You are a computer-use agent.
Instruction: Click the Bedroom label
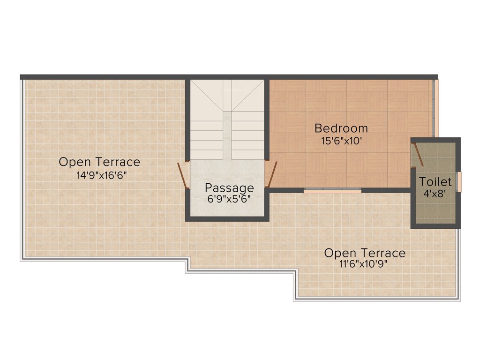[341, 128]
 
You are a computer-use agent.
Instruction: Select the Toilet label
[435, 181]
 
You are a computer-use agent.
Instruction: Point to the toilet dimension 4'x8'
[435, 192]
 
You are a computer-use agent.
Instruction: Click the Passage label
[229, 188]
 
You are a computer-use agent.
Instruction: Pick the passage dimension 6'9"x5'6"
[229, 198]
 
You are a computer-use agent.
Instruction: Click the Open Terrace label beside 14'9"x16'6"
[99, 162]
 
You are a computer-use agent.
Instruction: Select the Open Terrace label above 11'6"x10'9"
[365, 253]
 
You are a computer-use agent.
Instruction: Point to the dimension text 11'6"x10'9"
[365, 264]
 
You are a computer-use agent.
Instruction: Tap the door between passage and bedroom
[272, 174]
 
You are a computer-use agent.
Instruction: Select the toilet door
[418, 155]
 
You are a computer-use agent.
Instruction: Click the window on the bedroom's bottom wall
[332, 191]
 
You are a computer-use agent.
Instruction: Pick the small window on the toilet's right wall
[459, 182]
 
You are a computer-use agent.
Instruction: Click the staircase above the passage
[227, 120]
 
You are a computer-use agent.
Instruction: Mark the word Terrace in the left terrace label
[119, 162]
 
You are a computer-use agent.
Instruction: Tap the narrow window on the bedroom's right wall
[436, 108]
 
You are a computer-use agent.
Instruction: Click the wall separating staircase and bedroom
[267, 120]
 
